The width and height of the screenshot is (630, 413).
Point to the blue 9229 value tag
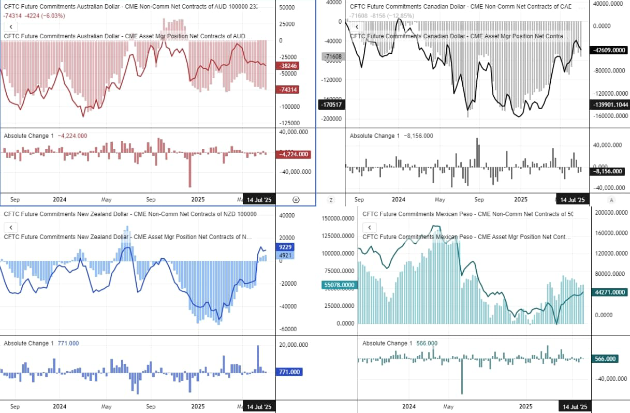(285, 247)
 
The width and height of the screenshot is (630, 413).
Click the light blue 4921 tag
(285, 255)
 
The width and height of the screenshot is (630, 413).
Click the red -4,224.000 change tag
(294, 154)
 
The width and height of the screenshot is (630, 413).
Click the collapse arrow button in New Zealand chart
(11, 227)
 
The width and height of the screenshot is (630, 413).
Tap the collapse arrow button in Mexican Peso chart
(369, 227)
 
